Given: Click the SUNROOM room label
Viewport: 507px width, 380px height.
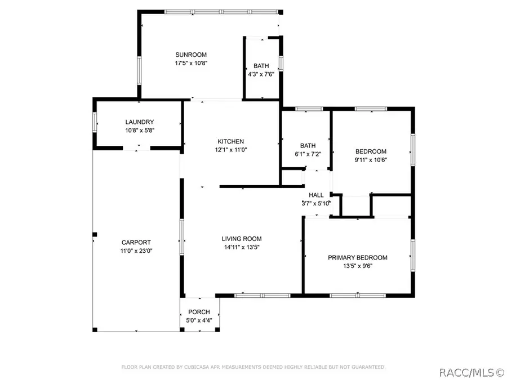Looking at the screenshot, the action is (x=191, y=55).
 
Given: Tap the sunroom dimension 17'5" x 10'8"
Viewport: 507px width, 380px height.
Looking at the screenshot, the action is (x=191, y=63).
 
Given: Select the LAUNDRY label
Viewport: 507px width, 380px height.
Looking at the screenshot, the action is (x=140, y=122).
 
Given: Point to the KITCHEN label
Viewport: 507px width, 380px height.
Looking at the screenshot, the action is (x=230, y=141).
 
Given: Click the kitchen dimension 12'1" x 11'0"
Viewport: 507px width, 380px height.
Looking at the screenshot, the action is (x=231, y=150).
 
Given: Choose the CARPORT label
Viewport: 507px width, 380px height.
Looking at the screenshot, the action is (x=136, y=242).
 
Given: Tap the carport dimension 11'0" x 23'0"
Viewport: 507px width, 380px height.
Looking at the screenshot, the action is (x=136, y=251).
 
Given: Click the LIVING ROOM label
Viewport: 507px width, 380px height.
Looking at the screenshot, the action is (x=242, y=239).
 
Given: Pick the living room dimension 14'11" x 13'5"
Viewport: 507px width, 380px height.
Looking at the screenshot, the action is (x=242, y=247).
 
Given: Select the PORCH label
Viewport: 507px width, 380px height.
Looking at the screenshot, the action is (x=199, y=312).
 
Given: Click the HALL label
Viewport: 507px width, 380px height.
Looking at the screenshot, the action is (x=316, y=195).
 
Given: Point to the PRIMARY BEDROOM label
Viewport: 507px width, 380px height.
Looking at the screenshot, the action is (x=358, y=257).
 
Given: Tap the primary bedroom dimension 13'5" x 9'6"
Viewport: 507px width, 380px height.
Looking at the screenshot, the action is (x=358, y=266).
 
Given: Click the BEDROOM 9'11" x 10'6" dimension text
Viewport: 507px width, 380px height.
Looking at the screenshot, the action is (x=371, y=160).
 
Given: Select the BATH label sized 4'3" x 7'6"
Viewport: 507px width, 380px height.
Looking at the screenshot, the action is (x=261, y=66).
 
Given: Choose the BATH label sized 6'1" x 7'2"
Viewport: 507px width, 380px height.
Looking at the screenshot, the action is (x=308, y=146).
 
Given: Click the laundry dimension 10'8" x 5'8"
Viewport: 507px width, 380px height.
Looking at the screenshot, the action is (x=140, y=131).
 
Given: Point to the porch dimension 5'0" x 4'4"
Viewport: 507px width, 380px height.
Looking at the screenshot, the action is (x=199, y=320).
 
